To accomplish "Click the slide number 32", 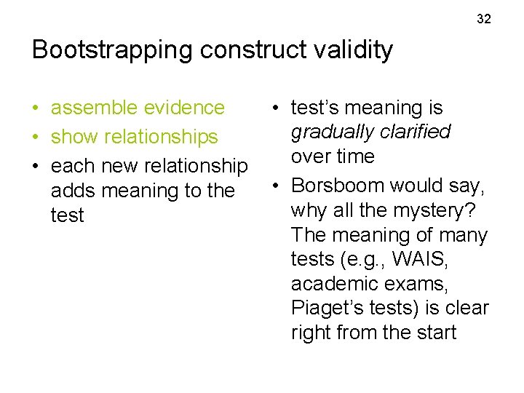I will pos(484,19).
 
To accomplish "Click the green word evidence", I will pos(186,108).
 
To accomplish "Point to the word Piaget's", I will pos(325,308).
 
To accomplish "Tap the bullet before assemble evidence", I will pos(36,108).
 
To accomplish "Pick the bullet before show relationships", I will pos(36,138).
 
